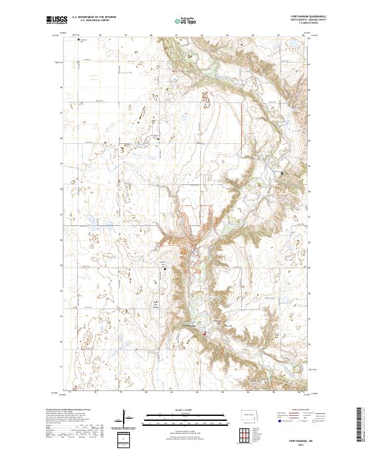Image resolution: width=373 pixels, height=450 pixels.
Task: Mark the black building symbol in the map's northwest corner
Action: [x=78, y=40]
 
